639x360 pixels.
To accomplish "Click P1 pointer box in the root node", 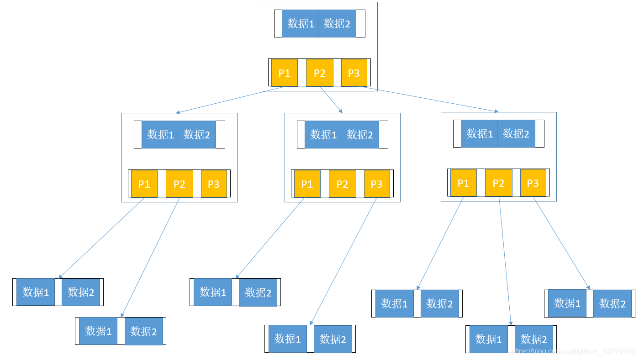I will pos(284,73).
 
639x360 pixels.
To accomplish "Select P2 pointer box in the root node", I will pos(319,73).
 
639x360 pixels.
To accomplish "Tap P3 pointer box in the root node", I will pos(354,73).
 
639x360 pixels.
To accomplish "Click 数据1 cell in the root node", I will pos(300,24).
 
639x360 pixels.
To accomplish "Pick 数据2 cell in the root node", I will pos(337,24).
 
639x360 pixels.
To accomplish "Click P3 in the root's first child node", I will pos(214,184).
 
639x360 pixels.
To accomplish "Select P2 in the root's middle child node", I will pos(342,184).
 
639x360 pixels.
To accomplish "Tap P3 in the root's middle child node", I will pos(377,184).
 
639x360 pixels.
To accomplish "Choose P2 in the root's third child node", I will pos(498,183).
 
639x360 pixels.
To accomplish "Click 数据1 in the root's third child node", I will pos(479,133).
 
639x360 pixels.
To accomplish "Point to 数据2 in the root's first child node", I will pos(197,134).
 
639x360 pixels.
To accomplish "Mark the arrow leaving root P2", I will pos(331,100).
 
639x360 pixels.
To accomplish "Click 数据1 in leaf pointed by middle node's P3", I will pos(287,339).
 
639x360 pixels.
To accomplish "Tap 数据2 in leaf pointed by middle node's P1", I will pos(258,292).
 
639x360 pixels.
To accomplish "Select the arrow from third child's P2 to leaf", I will pos(505,260).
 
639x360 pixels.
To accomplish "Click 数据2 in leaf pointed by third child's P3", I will pos(613,303).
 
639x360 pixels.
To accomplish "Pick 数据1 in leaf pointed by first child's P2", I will pos(98,331).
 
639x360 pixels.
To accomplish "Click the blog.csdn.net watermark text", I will pos(574,351).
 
